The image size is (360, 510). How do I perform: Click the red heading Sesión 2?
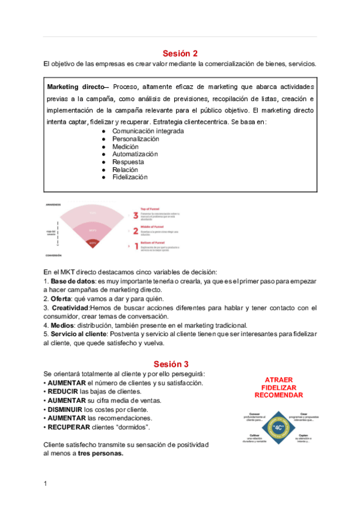[180, 53]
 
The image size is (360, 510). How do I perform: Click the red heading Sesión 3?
[171, 364]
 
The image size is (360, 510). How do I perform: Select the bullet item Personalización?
[135, 139]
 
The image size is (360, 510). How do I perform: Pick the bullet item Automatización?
[135, 155]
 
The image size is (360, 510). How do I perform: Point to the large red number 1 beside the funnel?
[136, 246]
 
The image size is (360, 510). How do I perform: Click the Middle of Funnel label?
[154, 227]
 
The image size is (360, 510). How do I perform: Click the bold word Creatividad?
[70, 308]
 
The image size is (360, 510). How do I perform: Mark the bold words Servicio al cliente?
[80, 334]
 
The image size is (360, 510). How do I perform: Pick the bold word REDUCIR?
[66, 392]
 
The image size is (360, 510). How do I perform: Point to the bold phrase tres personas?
[100, 453]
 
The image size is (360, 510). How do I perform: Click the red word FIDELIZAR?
[278, 388]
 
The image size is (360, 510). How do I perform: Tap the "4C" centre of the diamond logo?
[278, 427]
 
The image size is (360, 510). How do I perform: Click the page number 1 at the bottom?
[46, 484]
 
